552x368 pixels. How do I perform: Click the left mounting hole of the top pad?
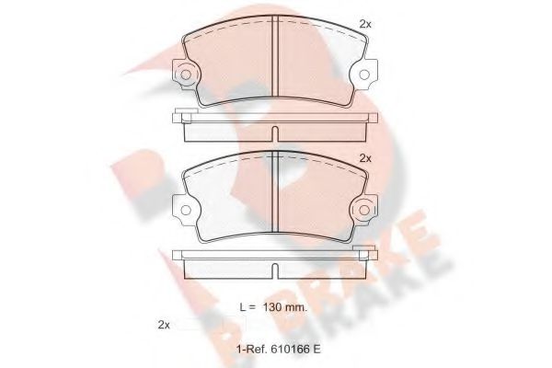coord(185,75)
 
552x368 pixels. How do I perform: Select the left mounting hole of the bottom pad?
coord(185,209)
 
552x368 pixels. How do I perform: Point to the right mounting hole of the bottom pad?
coord(368,209)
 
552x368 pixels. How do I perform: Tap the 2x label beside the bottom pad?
coord(364,157)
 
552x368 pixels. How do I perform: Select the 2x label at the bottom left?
coord(165,326)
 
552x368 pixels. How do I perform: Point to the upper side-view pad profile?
coord(277,125)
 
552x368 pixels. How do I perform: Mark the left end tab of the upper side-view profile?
coord(178,117)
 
